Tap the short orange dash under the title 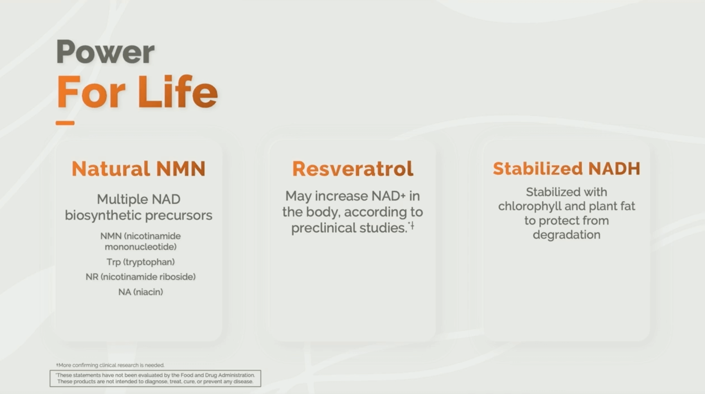pos(65,123)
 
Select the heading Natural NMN pos(139,169)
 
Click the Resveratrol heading pos(352,169)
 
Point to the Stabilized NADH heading pos(566,168)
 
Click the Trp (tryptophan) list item pos(141,262)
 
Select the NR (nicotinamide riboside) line pos(141,277)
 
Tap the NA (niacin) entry pos(141,292)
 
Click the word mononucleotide pos(141,247)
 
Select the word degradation pos(566,235)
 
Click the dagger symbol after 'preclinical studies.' pos(412,226)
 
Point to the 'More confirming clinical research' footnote pos(110,365)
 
